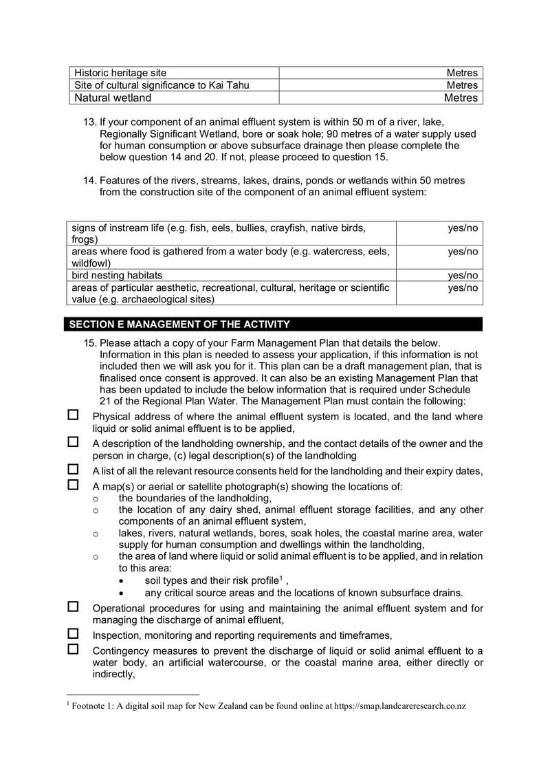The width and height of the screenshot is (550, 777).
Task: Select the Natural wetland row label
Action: coord(113,98)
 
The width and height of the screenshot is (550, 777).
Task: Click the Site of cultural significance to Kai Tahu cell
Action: coord(162,85)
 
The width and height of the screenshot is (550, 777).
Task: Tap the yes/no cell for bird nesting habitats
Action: coord(462,275)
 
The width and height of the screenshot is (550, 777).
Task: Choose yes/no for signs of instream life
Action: coord(462,228)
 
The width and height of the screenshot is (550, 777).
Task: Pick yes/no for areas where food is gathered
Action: coord(462,252)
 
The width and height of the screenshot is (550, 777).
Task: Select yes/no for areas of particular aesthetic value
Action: coord(462,287)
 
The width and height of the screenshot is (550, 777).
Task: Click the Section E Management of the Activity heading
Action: coord(177,325)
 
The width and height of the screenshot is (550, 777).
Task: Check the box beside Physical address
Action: coord(74,416)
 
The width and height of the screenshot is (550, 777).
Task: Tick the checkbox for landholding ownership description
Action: coord(74,443)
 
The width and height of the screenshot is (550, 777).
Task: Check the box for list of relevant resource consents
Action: coord(74,470)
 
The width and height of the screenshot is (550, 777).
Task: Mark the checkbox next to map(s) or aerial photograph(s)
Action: coord(74,485)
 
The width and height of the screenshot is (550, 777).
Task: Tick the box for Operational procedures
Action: coord(74,607)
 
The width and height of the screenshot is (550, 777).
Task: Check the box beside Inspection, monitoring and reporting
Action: coord(74,634)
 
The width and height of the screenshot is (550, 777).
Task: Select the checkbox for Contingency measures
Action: coord(74,649)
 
